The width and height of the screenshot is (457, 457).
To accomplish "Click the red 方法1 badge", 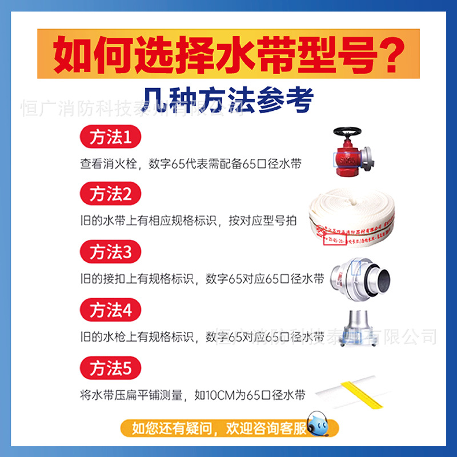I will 110,138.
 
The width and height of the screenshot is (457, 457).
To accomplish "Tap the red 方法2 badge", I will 110,195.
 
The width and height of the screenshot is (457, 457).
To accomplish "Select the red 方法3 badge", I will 110,252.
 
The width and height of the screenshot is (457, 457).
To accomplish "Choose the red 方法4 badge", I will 110,311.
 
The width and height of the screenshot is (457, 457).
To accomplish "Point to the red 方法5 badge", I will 110,368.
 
